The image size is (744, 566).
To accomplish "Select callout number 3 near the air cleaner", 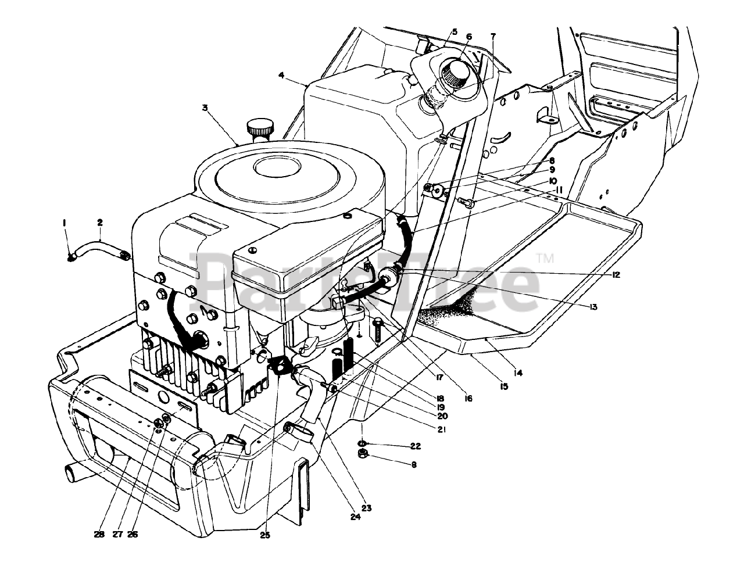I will (x=205, y=108).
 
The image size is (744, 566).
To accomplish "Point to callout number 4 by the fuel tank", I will (x=281, y=75).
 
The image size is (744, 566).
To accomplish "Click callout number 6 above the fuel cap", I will (x=469, y=36).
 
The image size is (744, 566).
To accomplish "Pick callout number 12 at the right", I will (x=616, y=275).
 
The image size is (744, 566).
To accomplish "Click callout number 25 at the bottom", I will (x=266, y=535).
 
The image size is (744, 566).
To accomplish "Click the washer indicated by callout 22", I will (x=363, y=445).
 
